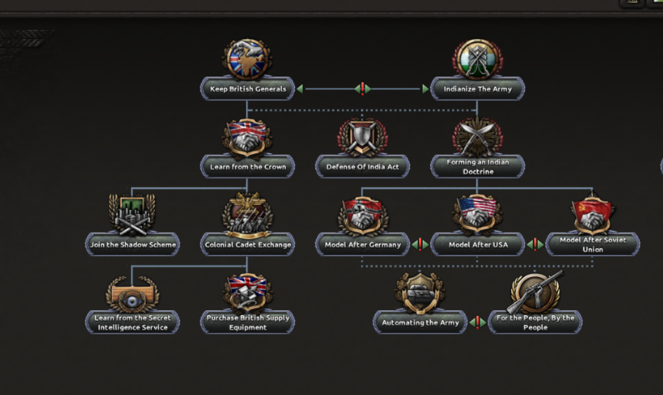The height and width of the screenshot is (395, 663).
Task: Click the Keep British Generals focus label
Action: (x=248, y=89)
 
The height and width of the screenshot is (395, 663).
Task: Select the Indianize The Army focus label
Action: (x=477, y=89)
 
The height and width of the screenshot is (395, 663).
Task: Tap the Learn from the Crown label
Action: (x=248, y=167)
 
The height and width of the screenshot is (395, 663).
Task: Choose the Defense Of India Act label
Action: (x=362, y=167)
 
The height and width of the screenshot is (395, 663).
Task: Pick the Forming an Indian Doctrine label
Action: (x=477, y=167)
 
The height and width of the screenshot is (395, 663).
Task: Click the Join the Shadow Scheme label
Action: (x=133, y=244)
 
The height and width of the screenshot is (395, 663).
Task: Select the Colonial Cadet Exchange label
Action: (x=248, y=244)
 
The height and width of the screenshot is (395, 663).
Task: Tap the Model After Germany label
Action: (x=363, y=244)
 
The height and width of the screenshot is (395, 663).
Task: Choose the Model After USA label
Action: (x=478, y=244)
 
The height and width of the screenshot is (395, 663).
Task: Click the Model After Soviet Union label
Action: (x=593, y=244)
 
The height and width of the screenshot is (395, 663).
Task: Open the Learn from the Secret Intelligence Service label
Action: (x=133, y=322)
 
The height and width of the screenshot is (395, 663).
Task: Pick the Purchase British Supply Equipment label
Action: (x=248, y=322)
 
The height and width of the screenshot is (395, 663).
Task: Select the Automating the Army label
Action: (x=420, y=322)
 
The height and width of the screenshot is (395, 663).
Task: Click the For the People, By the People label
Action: (x=535, y=322)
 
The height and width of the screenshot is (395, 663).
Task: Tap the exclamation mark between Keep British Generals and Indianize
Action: (x=362, y=89)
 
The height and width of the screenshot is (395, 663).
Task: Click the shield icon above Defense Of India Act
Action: (x=362, y=136)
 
